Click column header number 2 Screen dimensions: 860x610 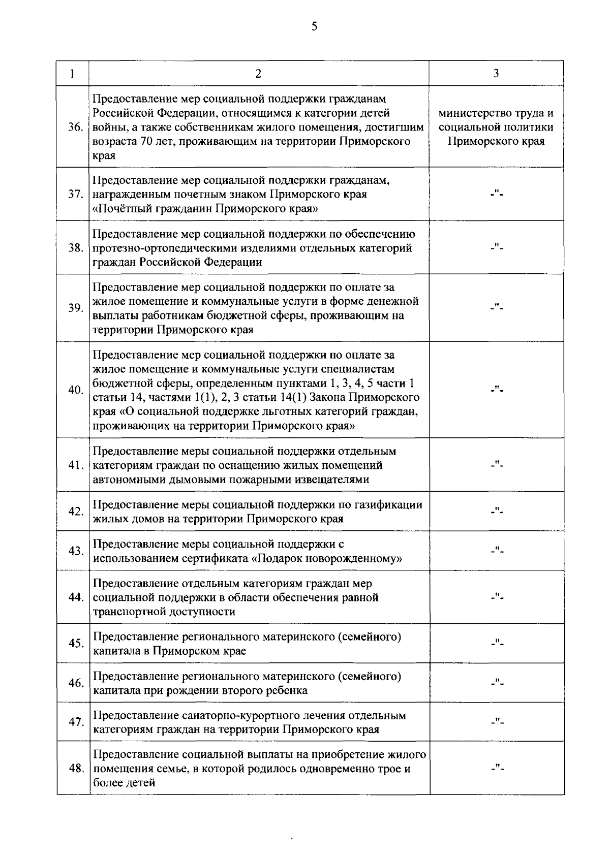[258, 74]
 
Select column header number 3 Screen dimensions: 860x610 [496, 73]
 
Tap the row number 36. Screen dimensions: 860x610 [76, 127]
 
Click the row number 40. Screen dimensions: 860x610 [76, 390]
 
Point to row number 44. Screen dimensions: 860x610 [76, 597]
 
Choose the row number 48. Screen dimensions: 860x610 [76, 769]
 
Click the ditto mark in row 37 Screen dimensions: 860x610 [496, 194]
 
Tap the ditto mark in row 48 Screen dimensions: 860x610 [496, 768]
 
